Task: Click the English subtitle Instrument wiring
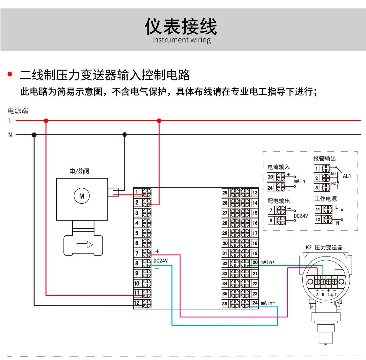pos(181,40)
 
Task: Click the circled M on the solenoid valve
pos(81,196)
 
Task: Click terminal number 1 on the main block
pos(137,193)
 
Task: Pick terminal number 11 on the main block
pos(137,293)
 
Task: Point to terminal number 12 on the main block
pos(137,303)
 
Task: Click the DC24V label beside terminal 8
pos(161,261)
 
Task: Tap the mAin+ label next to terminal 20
pos(268,262)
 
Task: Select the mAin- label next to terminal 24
pos(268,303)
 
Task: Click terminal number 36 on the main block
pos(225,304)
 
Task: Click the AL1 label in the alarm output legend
pos(347,176)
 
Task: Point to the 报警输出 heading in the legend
pos(325,158)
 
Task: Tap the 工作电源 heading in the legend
pos(325,199)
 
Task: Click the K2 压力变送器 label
pos(324,247)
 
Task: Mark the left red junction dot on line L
pos(46,120)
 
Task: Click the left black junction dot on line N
pos(34,135)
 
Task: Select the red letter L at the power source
pos(10,120)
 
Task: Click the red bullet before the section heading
pos(10,74)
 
